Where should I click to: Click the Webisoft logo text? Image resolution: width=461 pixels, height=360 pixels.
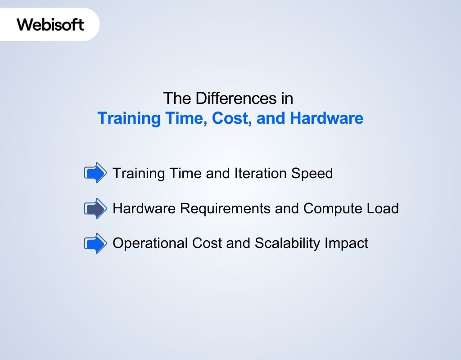point(50,24)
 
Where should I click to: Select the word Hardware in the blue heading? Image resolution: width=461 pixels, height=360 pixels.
point(326,118)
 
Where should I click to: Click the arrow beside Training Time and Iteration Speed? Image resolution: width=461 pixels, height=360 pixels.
point(95,173)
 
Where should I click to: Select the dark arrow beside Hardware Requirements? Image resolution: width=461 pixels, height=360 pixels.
point(95,208)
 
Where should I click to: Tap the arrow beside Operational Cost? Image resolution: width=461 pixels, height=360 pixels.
point(95,243)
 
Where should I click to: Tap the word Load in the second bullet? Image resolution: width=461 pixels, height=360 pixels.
point(383,209)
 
